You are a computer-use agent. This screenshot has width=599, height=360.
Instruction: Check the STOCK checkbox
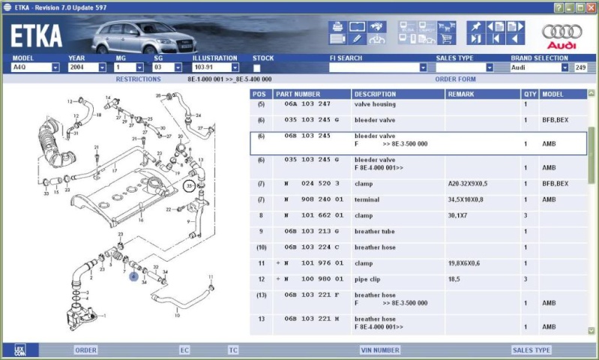(257, 67)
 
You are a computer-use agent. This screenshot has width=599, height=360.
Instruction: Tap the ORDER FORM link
(455, 79)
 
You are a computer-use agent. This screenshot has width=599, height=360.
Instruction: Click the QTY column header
(530, 94)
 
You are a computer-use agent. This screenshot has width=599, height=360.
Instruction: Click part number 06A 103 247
(307, 104)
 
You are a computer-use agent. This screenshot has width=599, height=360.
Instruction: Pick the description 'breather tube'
(373, 232)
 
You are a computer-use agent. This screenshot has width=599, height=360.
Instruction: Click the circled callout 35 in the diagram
(190, 184)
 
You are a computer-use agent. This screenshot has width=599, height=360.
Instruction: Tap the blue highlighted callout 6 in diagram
(134, 276)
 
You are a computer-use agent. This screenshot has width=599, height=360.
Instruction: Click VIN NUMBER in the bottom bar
(379, 349)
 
